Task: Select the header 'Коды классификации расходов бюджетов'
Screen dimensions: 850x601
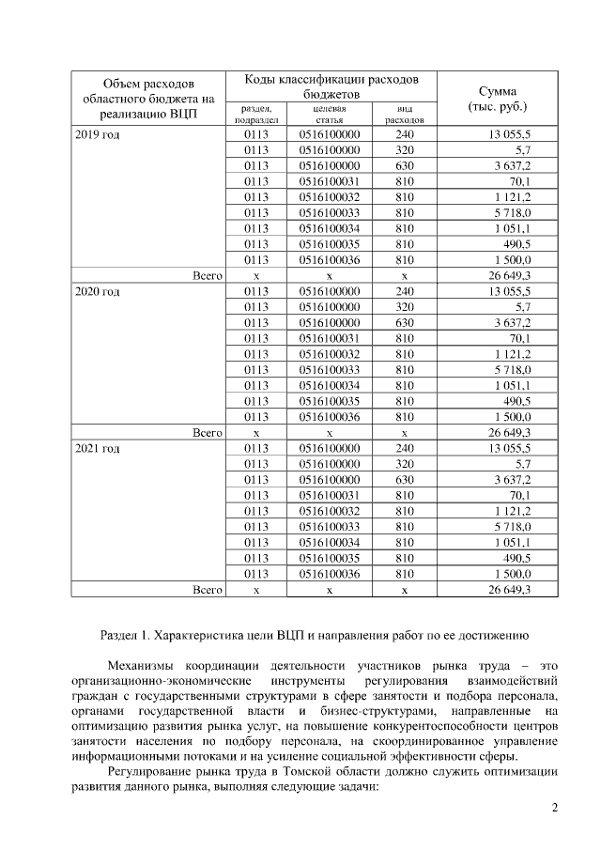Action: point(331,86)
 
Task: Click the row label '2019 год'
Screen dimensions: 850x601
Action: point(98,134)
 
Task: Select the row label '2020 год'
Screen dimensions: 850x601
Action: point(98,291)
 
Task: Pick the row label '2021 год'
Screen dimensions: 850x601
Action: point(98,448)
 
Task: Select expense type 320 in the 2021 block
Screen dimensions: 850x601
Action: point(405,463)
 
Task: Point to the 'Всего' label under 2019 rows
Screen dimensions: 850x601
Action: point(206,275)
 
